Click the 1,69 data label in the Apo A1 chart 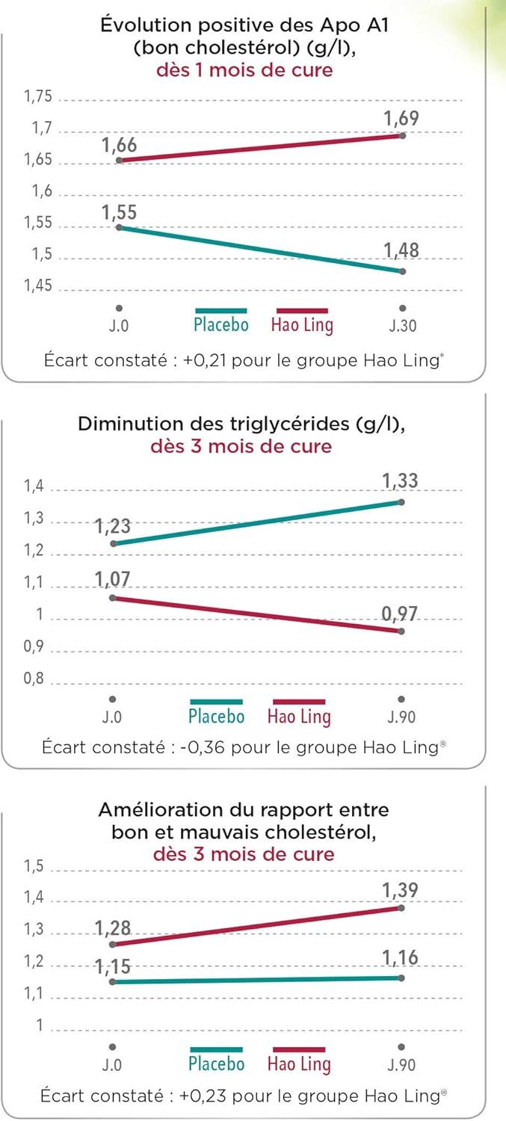401,119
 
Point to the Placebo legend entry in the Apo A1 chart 220,325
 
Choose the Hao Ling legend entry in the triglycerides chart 299,716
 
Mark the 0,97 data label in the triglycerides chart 400,614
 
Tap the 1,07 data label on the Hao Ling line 113,579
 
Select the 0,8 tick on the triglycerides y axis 34,681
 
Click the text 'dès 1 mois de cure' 244,70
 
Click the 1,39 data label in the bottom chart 400,890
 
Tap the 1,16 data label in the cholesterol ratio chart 400,958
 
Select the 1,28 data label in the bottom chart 113,929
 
